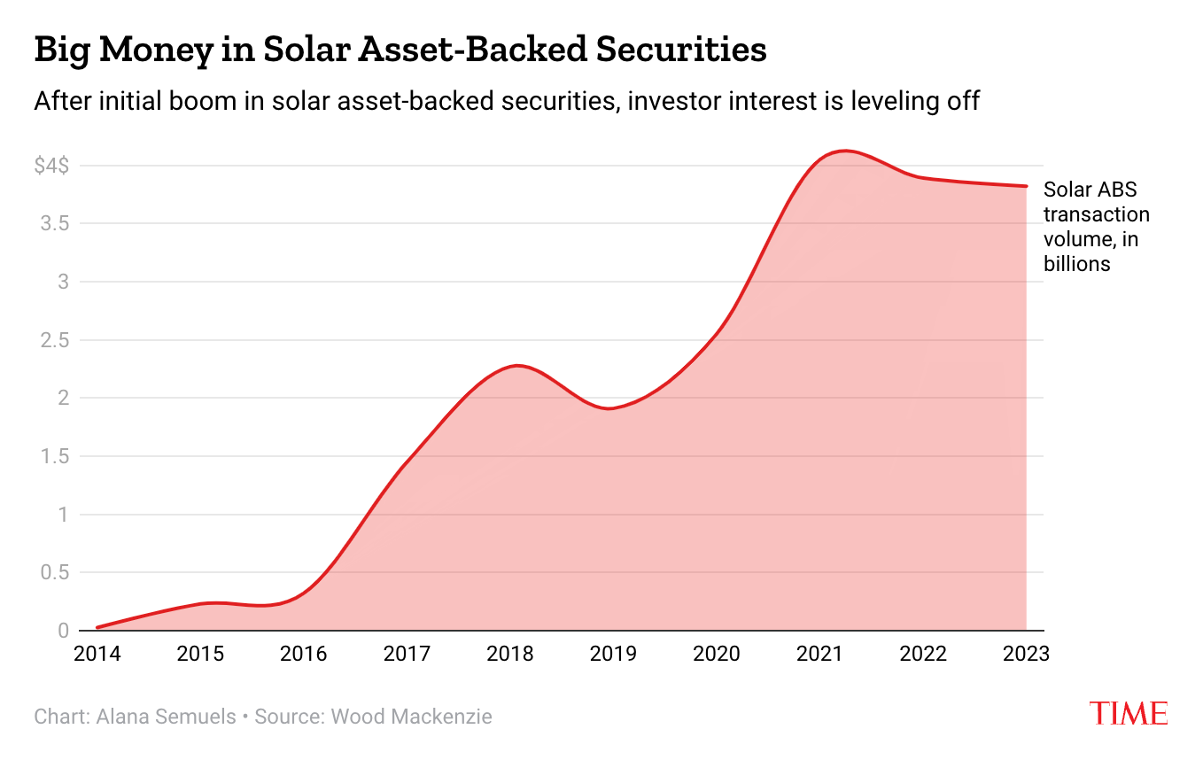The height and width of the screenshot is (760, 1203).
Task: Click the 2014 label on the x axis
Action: coord(97,655)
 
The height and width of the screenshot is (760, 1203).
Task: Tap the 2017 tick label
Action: coord(407,655)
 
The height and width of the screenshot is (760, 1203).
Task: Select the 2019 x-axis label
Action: coord(613,655)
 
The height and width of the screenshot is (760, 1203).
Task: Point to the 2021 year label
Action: coord(819,655)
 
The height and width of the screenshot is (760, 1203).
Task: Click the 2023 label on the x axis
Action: coord(1026,655)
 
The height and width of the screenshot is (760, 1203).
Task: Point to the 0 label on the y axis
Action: coord(63,631)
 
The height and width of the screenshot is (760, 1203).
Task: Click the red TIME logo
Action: coord(1128,713)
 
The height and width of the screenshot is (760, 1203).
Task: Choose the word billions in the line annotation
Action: coord(1077,264)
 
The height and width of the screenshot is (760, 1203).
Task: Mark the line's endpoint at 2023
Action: coord(1027,186)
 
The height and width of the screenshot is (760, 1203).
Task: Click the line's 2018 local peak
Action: coord(516,366)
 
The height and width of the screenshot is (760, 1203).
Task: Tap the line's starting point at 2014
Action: coord(97,627)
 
